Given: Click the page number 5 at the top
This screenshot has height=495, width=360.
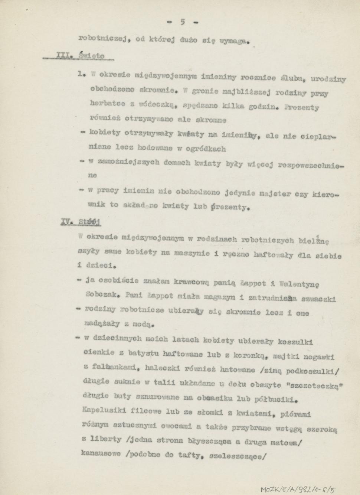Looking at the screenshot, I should click(x=183, y=22).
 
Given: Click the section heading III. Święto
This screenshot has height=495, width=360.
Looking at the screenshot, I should click(x=79, y=56).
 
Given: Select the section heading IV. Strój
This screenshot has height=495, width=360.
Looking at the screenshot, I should click(x=81, y=222).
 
